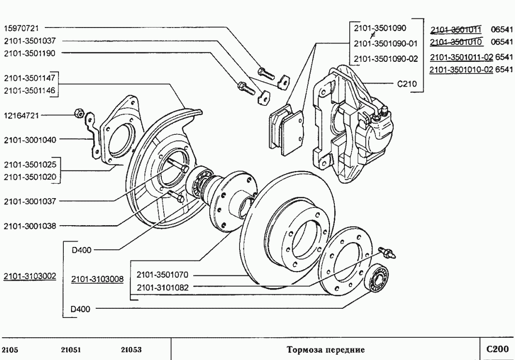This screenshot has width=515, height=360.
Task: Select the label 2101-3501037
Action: click(x=29, y=41)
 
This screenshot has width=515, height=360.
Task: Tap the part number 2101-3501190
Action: click(x=29, y=53)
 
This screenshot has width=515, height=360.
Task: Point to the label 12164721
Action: click(x=21, y=115)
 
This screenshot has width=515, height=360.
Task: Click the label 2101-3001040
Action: click(x=29, y=140)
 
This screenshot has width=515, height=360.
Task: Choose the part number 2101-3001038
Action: click(x=29, y=226)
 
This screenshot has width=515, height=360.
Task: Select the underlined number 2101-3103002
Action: click(x=29, y=276)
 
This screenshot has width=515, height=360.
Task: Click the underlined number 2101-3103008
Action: click(x=97, y=279)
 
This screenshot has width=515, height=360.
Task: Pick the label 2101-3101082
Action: click(x=162, y=288)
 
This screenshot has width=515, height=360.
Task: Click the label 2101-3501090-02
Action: click(x=385, y=58)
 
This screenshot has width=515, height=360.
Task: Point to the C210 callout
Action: click(x=407, y=83)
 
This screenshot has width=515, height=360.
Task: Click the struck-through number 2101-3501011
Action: click(x=456, y=29)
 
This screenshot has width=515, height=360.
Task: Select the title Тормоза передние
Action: click(x=325, y=349)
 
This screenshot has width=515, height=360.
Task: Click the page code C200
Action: click(x=497, y=348)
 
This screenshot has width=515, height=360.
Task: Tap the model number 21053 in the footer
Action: click(x=131, y=349)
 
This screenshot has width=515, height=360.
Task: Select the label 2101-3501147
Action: click(x=29, y=78)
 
